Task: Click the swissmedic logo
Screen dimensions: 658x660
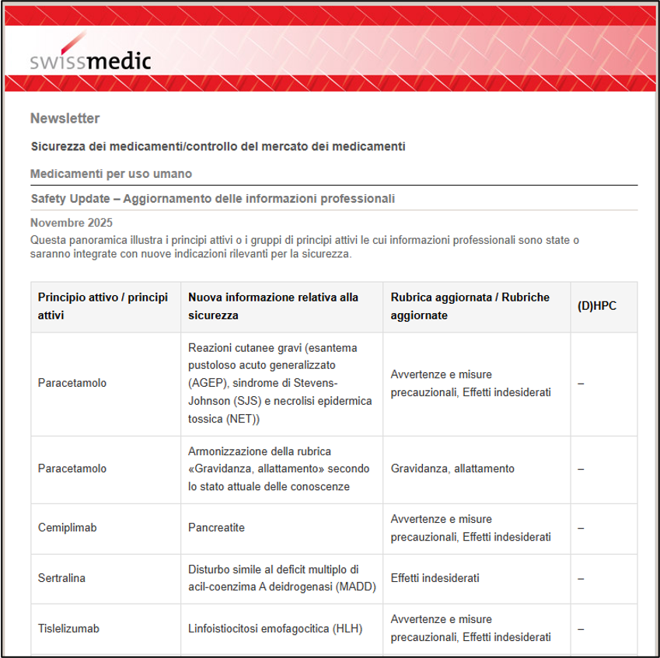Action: [91, 61]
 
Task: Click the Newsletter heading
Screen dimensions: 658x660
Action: [65, 119]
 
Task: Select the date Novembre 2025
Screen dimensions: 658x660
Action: [67, 224]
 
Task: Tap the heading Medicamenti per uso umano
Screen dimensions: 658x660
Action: [110, 173]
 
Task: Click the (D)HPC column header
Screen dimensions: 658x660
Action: [597, 307]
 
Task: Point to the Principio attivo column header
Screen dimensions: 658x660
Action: [103, 307]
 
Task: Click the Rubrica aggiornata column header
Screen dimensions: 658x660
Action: [470, 307]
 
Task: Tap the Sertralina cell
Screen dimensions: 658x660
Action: [61, 578]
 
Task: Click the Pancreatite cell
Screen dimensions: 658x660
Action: [216, 527]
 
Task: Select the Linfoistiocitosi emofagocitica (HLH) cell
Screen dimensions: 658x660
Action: [275, 628]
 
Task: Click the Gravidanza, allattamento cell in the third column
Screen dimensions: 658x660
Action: [452, 468]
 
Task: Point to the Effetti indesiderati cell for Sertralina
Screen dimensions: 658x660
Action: [435, 578]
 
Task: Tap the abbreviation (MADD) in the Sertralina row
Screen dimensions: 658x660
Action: [356, 587]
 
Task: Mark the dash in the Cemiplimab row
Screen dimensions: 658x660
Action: [581, 527]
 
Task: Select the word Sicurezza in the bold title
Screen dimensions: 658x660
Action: [58, 146]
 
